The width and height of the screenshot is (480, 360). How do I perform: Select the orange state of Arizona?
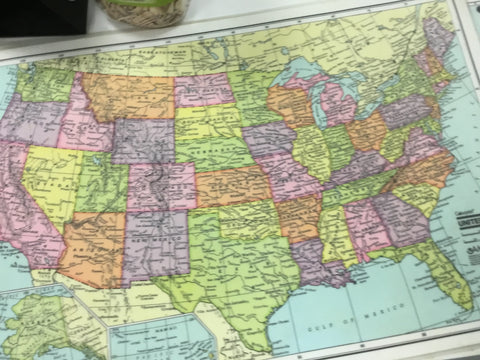coord(94,244)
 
